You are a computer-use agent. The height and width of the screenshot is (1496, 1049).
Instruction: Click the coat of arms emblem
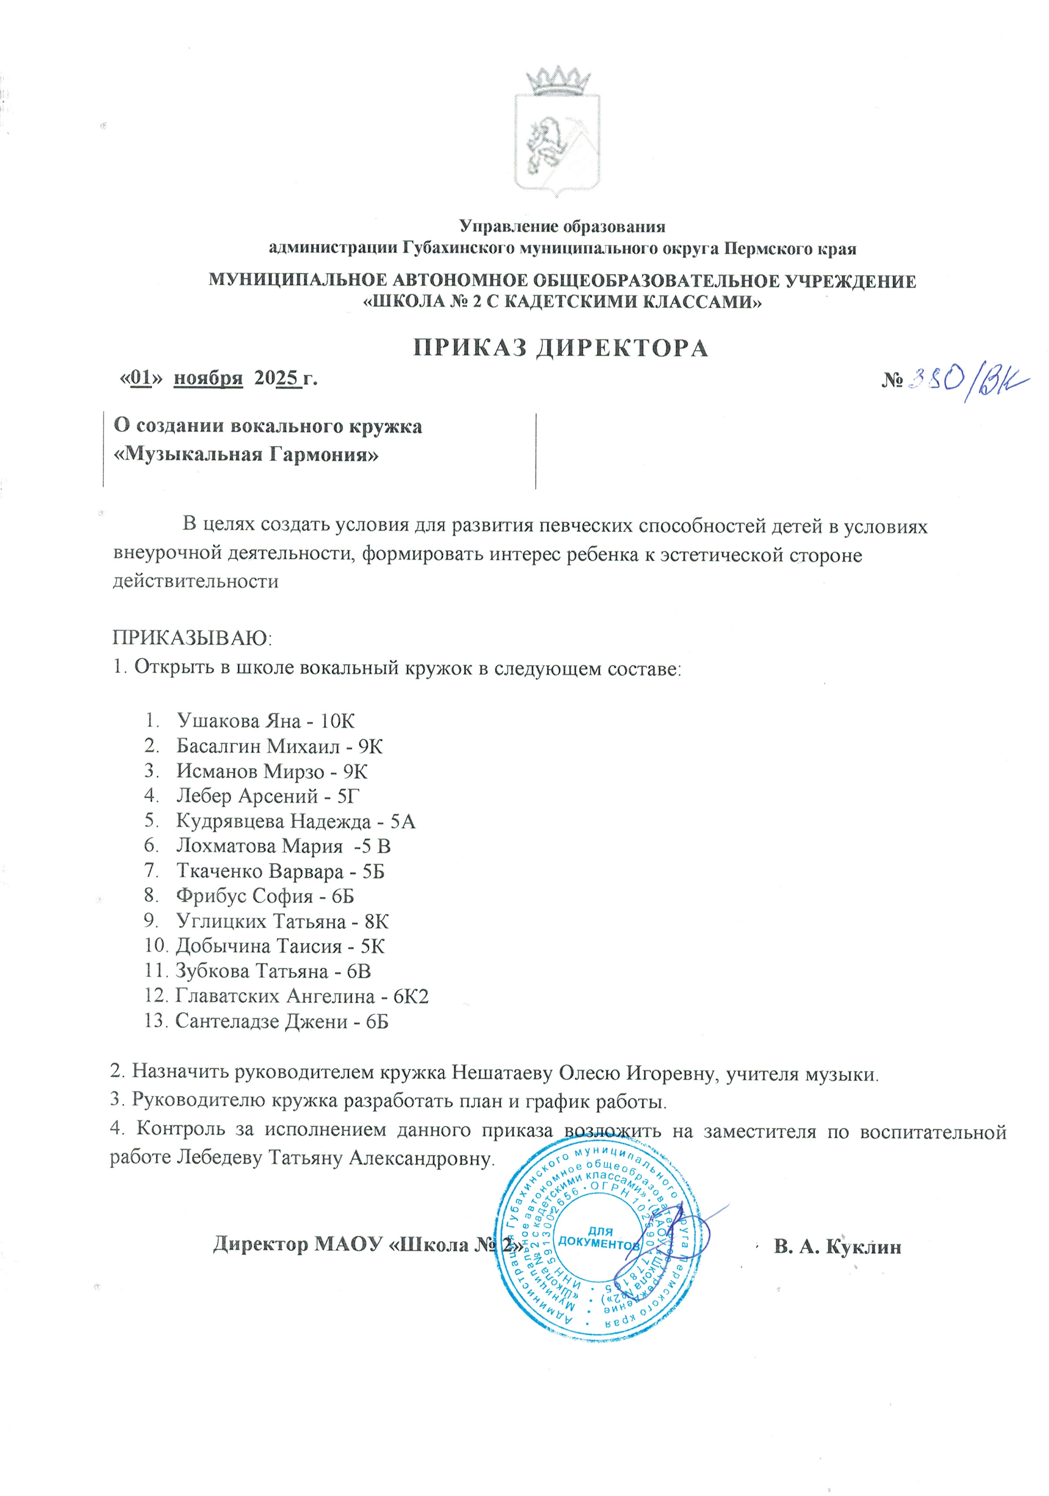coord(557,143)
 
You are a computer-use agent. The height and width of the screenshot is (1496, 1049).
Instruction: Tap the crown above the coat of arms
coord(558,81)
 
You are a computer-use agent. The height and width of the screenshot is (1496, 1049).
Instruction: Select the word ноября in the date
coord(208,378)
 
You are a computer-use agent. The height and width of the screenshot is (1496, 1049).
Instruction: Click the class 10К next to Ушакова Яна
coord(337,721)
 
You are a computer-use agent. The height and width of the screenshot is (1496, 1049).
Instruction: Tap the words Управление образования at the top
coord(562,226)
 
